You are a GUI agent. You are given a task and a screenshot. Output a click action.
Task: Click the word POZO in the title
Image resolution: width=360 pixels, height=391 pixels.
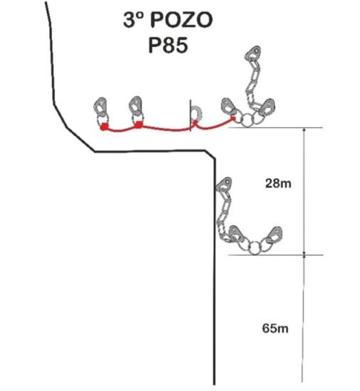point(181,20)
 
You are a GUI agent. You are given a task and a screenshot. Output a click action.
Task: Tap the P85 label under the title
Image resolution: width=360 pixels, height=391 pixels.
point(168,45)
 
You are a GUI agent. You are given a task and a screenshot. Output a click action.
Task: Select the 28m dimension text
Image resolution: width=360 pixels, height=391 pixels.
point(278,183)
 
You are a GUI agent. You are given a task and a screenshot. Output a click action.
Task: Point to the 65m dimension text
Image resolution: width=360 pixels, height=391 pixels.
point(275,328)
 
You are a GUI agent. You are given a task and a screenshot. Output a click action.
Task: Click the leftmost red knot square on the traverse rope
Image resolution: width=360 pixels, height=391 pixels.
point(104,127)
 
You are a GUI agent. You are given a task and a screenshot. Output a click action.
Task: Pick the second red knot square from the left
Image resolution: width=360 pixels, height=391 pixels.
point(139,124)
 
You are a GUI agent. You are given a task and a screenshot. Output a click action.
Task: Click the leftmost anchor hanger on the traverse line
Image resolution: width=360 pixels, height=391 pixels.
point(100,106)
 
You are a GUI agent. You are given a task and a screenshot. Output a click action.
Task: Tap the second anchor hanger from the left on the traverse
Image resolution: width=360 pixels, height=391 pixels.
point(136,105)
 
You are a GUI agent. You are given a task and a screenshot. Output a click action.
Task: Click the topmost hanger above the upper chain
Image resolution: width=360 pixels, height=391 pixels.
point(253,53)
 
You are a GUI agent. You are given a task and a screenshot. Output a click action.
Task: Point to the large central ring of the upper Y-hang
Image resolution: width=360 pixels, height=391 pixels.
point(247,121)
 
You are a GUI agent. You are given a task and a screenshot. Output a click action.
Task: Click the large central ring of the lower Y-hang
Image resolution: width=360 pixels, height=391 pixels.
point(254,248)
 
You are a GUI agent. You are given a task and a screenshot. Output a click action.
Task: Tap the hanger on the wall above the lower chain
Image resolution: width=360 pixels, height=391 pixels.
point(223,185)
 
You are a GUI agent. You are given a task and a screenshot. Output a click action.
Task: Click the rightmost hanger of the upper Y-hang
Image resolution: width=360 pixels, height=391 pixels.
point(267,107)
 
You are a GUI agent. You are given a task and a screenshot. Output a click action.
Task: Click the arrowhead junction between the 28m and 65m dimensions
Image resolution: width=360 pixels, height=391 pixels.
point(304,255)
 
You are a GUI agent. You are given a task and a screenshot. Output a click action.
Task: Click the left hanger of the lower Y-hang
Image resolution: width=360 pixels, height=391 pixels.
point(236,235)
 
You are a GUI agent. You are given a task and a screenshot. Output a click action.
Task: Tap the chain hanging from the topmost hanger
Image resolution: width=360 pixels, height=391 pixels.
point(253,85)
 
